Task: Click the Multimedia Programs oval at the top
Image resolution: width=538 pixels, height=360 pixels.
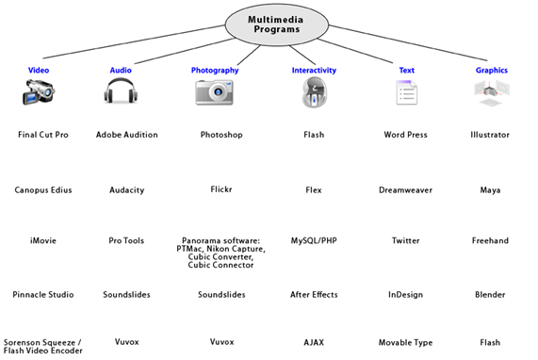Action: click(277, 25)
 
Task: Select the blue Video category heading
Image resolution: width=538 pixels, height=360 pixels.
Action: click(39, 70)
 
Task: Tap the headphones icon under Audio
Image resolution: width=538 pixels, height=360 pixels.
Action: click(121, 90)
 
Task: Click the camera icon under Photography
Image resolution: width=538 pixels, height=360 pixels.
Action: click(215, 92)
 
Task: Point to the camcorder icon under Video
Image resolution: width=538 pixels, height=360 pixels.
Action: click(39, 91)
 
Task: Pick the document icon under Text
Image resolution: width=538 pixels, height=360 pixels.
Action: click(407, 92)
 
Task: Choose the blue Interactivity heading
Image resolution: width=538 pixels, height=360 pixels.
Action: click(314, 71)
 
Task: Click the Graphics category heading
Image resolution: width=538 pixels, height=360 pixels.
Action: click(491, 70)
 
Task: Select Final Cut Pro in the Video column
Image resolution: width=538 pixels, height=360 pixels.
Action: click(43, 135)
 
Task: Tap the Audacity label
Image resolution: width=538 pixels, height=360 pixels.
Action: click(127, 190)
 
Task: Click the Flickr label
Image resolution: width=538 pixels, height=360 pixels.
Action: click(221, 189)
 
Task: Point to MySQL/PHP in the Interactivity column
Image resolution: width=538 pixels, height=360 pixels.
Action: click(314, 240)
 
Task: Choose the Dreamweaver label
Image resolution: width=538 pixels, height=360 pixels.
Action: click(405, 190)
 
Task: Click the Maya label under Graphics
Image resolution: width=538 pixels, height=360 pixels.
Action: click(490, 190)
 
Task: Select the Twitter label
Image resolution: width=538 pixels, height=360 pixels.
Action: click(405, 240)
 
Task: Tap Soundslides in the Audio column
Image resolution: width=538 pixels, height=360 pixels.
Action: click(126, 294)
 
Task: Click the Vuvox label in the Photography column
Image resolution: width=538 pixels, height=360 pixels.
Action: click(221, 342)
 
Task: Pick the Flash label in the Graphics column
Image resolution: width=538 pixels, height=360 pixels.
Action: click(490, 342)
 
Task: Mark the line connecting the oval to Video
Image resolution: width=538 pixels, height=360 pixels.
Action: click(134, 41)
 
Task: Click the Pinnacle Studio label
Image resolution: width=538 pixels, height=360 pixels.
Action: click(43, 294)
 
